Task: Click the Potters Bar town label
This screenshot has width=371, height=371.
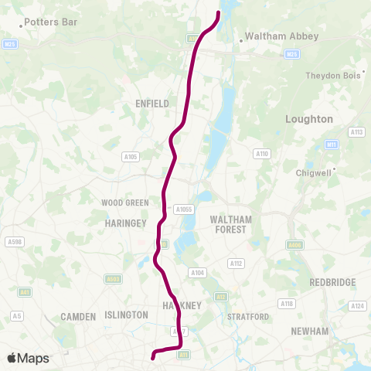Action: pyautogui.click(x=51, y=22)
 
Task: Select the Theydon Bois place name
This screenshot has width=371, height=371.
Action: pyautogui.click(x=334, y=75)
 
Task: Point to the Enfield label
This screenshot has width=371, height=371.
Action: pyautogui.click(x=151, y=103)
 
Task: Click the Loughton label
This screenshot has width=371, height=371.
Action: pyautogui.click(x=309, y=119)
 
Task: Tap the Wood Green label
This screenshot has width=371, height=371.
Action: pyautogui.click(x=125, y=203)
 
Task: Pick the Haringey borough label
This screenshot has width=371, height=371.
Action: pyautogui.click(x=120, y=223)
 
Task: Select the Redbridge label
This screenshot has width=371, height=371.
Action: pyautogui.click(x=331, y=282)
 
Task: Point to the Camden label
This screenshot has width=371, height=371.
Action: pyautogui.click(x=77, y=317)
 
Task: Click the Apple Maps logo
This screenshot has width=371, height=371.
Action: pyautogui.click(x=29, y=358)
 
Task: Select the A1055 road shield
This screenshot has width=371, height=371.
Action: pyautogui.click(x=184, y=209)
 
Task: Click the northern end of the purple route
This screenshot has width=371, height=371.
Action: pyautogui.click(x=219, y=12)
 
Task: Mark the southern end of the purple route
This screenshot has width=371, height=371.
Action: pyautogui.click(x=153, y=357)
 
